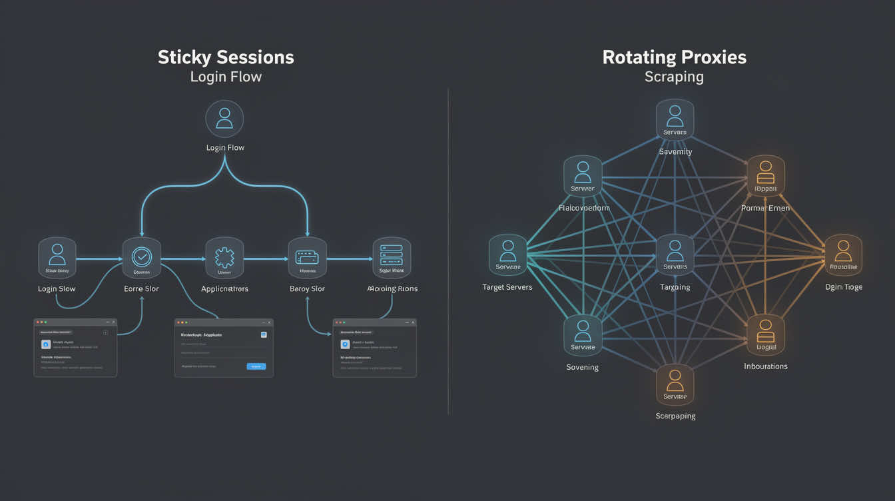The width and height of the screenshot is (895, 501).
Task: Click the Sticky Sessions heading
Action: coord(226,57)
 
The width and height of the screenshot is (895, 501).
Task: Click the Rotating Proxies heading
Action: coord(674,57)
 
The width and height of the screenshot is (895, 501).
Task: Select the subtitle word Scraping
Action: coord(674,77)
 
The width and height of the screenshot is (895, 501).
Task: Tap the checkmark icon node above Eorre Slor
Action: coord(142,257)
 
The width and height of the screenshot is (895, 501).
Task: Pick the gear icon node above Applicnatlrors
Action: coord(224,257)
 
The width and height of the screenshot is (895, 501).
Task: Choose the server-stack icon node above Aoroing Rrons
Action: coord(392,257)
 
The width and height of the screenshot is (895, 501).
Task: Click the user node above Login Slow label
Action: coord(57,257)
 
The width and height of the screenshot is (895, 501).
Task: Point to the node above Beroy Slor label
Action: coord(307,257)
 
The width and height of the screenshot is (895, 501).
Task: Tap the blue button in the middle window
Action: coord(256,366)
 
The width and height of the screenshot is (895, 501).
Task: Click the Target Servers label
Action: coord(507,287)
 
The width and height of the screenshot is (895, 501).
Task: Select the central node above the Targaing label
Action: coord(675,254)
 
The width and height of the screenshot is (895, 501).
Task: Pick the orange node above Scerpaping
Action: coord(675,384)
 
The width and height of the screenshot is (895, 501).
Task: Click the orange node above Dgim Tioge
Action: coord(843,254)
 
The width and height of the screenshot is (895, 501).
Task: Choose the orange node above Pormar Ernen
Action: coord(765,175)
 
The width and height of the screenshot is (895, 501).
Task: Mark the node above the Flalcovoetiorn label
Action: coord(583,176)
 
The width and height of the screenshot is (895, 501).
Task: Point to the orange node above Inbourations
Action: coord(765,334)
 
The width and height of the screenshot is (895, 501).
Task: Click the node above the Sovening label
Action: coord(583,334)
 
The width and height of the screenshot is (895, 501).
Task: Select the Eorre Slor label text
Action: coord(142,289)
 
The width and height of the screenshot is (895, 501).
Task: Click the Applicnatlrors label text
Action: coord(224,289)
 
